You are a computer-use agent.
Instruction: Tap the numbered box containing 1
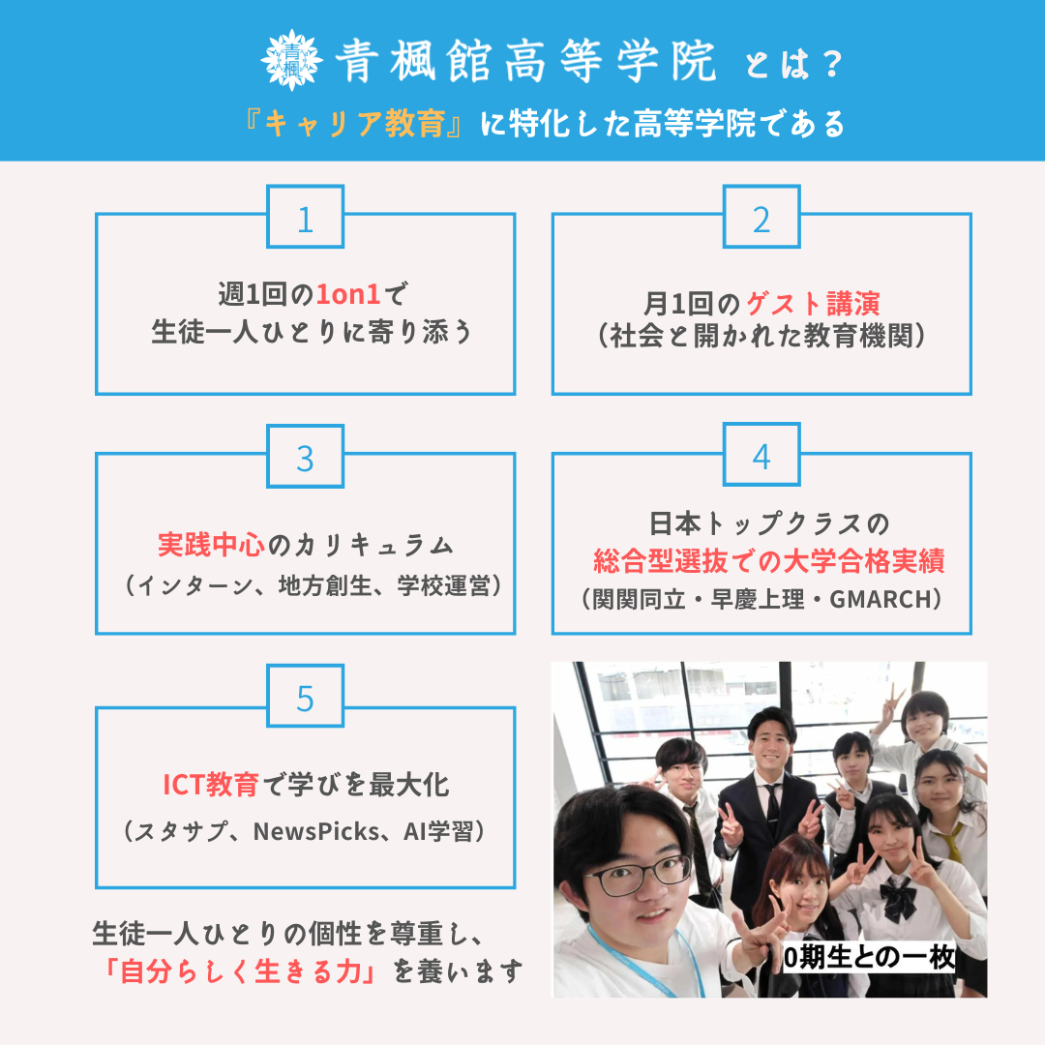pyautogui.click(x=305, y=220)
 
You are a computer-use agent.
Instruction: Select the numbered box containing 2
pyautogui.click(x=761, y=220)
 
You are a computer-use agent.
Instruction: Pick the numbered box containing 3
pyautogui.click(x=305, y=458)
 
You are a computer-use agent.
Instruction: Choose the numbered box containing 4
pyautogui.click(x=761, y=458)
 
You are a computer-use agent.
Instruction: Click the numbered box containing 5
pyautogui.click(x=305, y=699)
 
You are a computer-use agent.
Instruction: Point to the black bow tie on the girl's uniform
pyautogui.click(x=897, y=902)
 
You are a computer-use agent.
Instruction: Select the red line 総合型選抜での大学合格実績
pyautogui.click(x=768, y=561)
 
